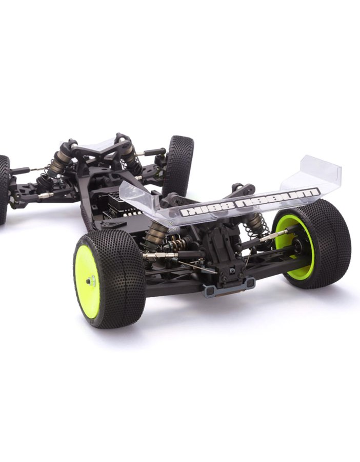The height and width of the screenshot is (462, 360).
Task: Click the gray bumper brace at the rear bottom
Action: coord(228,288)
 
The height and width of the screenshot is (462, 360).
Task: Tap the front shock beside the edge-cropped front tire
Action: coord(56,166)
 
